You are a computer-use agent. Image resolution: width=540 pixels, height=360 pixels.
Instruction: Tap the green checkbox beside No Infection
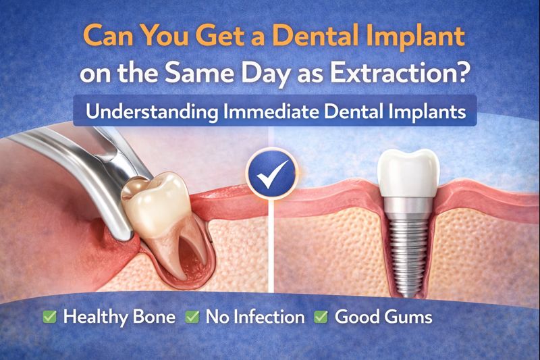tap(192, 315)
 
